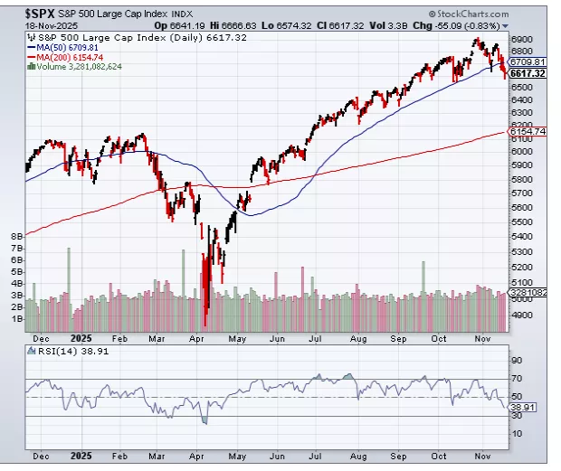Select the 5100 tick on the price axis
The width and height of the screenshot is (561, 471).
(x=522, y=267)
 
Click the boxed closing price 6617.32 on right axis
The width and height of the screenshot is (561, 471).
(x=527, y=73)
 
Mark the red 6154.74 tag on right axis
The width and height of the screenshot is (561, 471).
(x=528, y=132)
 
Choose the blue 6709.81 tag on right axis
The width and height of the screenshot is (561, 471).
(x=527, y=61)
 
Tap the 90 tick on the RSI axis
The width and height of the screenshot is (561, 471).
(x=517, y=358)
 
